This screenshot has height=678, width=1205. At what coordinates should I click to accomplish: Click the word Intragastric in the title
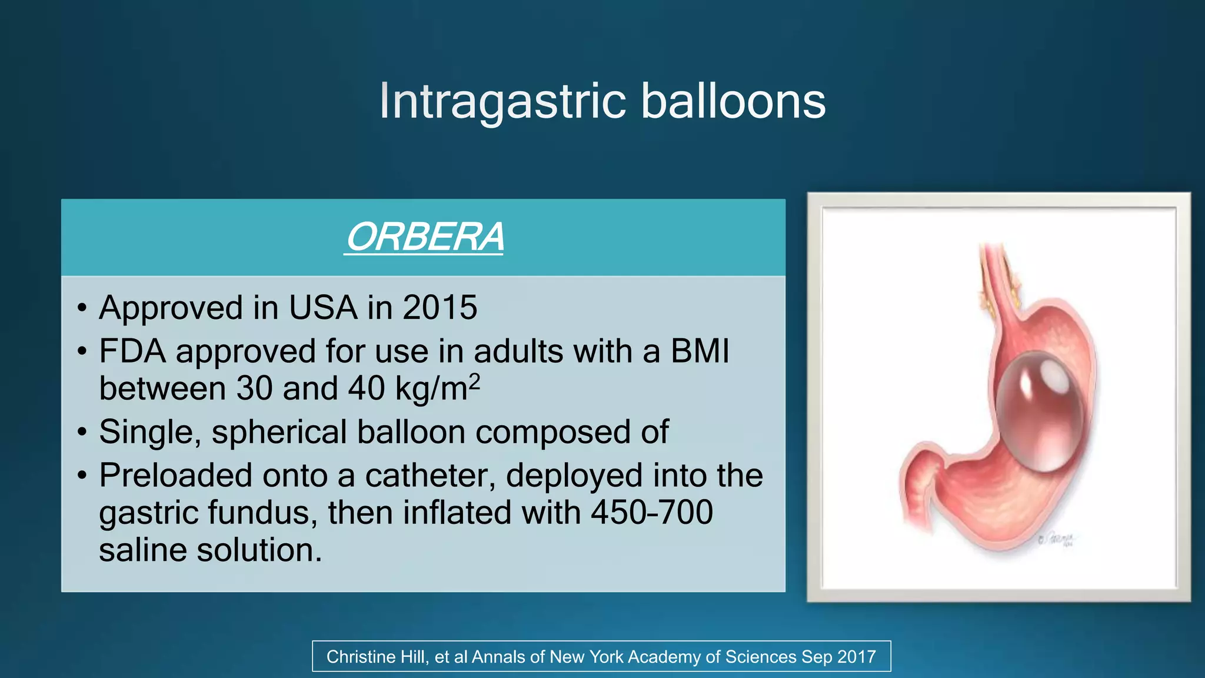point(502,101)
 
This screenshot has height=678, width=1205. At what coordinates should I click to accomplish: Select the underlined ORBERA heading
point(424,237)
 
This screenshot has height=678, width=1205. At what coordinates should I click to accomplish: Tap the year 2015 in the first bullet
point(440,308)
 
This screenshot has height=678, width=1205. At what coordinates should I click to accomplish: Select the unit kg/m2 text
point(437,388)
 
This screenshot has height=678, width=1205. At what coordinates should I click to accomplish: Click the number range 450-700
point(651,513)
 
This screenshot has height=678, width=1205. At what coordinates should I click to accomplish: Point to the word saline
point(142,550)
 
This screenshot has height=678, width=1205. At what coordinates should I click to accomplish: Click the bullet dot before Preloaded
point(82,476)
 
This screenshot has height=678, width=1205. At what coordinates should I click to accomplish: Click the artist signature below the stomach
point(1057,540)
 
